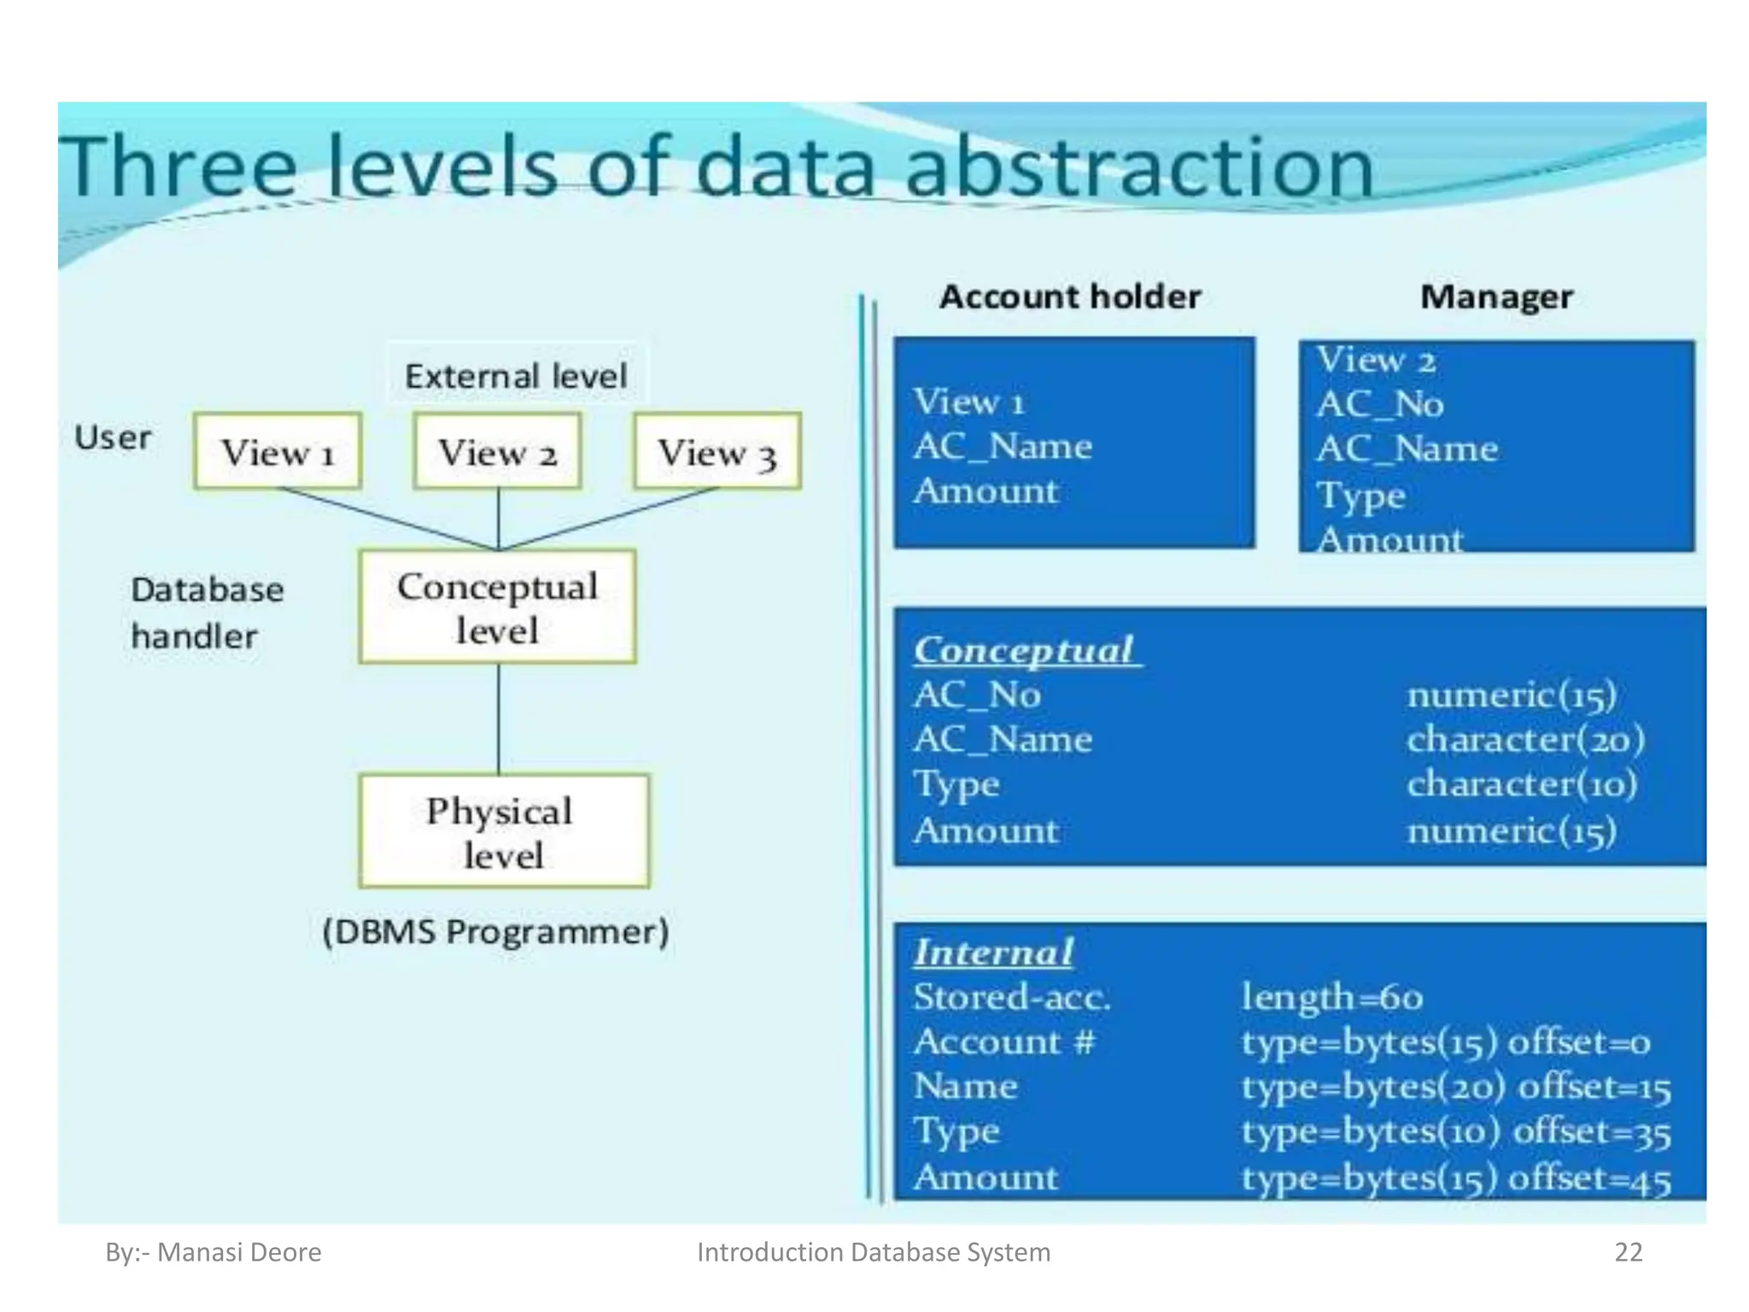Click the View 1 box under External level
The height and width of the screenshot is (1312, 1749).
coord(278,451)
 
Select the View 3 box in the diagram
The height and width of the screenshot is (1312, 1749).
coord(717,451)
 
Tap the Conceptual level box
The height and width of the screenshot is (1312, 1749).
coord(498,606)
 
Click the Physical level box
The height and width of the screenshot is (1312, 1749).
coord(503,831)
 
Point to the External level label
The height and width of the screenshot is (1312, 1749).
coord(516,376)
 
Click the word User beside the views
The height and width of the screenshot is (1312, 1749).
coord(112,437)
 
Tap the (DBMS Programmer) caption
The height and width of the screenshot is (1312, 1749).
coord(496,931)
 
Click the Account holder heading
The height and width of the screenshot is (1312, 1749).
coord(1070,296)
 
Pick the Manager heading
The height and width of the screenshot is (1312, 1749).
coord(1496,296)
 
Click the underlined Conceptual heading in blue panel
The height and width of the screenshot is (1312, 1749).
coord(1024,650)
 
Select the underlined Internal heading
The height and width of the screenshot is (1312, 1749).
coord(993,952)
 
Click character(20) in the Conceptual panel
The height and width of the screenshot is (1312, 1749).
coord(1525,740)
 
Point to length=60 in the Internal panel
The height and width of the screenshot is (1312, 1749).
coord(1332,997)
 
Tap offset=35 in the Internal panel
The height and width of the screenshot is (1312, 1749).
coord(1592,1132)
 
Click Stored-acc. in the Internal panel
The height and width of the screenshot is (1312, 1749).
coord(1012,997)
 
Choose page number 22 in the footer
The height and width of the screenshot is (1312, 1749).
coord(1628,1251)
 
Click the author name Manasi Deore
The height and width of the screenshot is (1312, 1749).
coord(239,1251)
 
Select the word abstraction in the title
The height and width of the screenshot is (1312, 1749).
coord(1139,167)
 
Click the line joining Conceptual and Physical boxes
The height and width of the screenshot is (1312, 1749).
coord(499,718)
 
